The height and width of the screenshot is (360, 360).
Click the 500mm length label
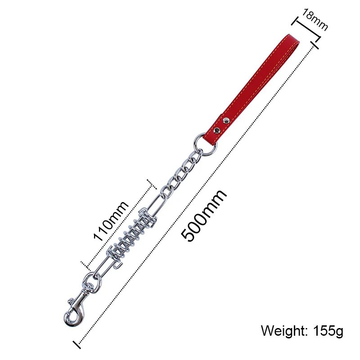click(204, 216)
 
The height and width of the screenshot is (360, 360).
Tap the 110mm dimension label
click(111, 221)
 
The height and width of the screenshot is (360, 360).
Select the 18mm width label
click(315, 19)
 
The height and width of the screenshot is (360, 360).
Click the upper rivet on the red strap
click(226, 120)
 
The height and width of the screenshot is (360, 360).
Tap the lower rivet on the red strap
click(217, 130)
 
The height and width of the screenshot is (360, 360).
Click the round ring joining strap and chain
click(205, 144)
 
